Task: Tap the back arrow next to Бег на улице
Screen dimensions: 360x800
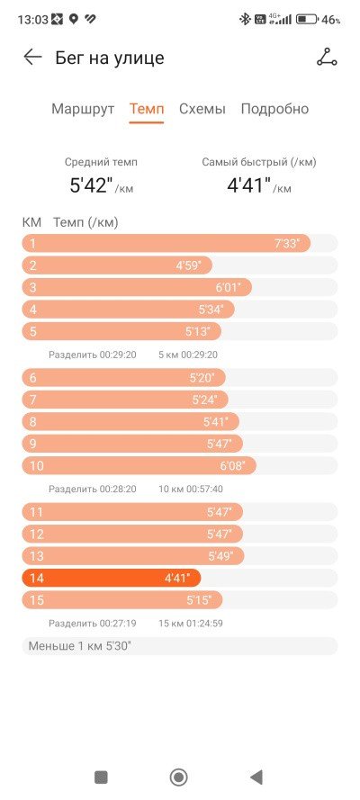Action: point(32,58)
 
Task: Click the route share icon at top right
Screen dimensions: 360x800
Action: point(327,58)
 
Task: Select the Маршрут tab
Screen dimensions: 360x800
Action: point(83,109)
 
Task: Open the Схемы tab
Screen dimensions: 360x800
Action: point(202,109)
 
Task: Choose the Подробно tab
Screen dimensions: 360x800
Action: point(274,109)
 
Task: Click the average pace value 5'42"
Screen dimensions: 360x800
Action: point(92,185)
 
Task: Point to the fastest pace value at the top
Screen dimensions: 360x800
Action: point(248,185)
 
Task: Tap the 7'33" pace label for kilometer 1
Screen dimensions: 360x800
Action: point(292,243)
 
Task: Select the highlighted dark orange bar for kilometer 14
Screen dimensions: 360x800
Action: point(112,578)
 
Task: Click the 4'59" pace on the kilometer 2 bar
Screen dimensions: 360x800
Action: point(189,265)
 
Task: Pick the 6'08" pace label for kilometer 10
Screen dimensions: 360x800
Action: point(232,465)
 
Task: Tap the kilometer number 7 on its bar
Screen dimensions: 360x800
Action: point(33,400)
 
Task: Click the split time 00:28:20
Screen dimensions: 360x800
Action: point(118,489)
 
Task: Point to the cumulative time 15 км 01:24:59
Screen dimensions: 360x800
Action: point(191,623)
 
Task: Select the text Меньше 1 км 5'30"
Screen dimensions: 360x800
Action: point(79,645)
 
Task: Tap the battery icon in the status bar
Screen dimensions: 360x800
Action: point(308,20)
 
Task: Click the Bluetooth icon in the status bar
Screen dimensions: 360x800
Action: point(245,20)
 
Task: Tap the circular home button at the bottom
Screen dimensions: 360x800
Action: point(179,777)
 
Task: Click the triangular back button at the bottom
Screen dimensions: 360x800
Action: point(256,777)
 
